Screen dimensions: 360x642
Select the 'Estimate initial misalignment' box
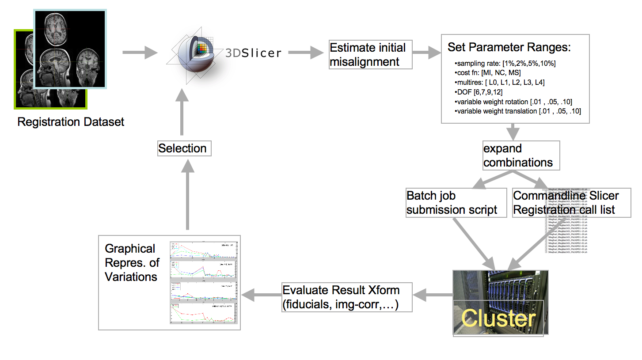(x=370, y=55)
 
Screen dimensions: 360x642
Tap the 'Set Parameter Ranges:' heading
(x=509, y=47)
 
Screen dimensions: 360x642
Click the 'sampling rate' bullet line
(x=505, y=64)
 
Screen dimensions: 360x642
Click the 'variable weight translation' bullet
(x=517, y=111)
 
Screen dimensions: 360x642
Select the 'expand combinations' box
(x=521, y=155)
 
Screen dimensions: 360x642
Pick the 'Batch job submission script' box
(x=456, y=203)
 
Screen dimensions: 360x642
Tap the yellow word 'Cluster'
(x=498, y=318)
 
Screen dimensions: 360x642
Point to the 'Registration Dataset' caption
(x=71, y=122)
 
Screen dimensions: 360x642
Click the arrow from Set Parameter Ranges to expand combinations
(x=513, y=131)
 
